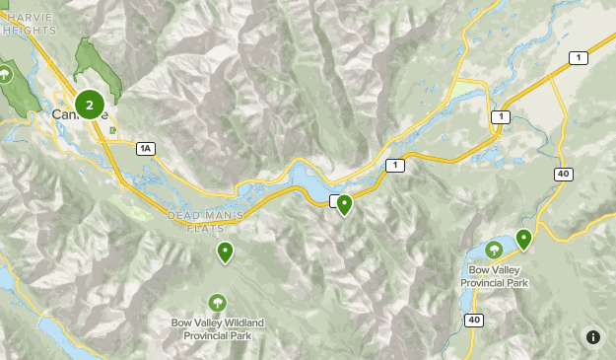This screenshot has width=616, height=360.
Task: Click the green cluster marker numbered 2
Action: coord(90,104)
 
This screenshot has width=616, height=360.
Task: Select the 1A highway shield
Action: coord(146,148)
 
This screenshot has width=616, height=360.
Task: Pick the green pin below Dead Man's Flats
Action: coord(226,252)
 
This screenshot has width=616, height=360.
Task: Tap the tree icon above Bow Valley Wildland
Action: coord(217,302)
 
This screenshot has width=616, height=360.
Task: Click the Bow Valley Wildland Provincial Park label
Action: coord(217,329)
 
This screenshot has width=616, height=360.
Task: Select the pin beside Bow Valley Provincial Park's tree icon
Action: coord(523,238)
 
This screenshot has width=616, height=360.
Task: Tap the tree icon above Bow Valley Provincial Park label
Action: coord(493,250)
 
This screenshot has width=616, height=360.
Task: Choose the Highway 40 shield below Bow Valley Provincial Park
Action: coord(474,320)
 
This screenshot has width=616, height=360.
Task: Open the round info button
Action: coord(592,337)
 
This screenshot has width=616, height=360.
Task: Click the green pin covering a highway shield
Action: coord(344,204)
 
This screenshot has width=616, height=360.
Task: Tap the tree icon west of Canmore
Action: coord(6,73)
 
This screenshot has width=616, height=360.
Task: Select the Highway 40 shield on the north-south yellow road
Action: coord(563,174)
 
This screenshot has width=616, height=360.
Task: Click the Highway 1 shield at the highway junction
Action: coord(501,117)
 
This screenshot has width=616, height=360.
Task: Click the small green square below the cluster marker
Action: coord(113,129)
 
